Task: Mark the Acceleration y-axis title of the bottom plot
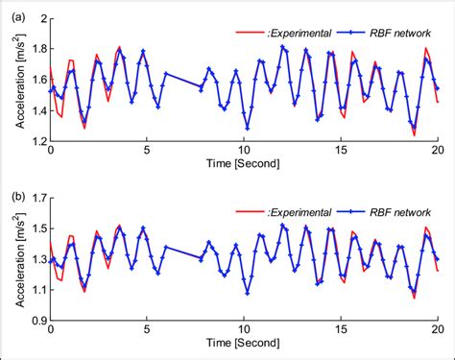(x=10, y=260)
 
